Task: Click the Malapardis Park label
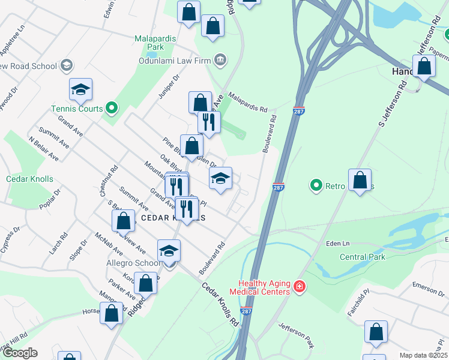coord(155,43)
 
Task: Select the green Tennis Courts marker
coord(111,109)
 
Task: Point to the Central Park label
coord(363,257)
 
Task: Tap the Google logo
coord(20,353)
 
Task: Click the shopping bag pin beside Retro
coord(360,180)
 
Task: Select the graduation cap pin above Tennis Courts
coord(80,90)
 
